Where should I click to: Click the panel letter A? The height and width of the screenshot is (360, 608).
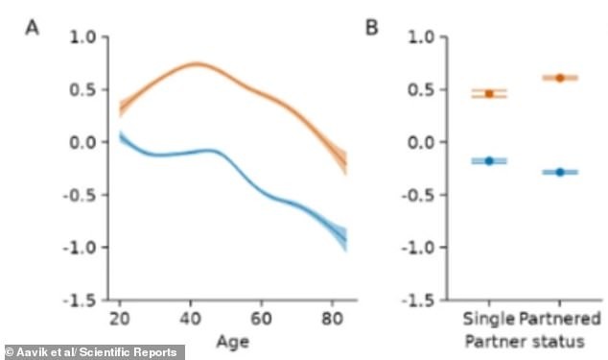(33, 27)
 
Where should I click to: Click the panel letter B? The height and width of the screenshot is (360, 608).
(372, 27)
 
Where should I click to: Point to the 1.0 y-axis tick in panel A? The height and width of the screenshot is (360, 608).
(84, 37)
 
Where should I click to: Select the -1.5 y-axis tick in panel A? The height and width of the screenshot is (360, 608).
(81, 300)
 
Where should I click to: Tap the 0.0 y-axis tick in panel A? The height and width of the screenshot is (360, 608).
(84, 142)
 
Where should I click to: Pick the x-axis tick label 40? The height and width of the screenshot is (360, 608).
(192, 318)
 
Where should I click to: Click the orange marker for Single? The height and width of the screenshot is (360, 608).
(489, 93)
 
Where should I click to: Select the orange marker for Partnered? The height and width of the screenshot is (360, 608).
(560, 78)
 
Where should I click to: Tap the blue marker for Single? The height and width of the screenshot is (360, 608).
(489, 160)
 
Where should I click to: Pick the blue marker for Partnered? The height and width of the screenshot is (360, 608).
(560, 172)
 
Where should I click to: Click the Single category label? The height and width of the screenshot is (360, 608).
(489, 318)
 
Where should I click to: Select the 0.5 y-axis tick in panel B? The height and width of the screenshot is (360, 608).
(424, 90)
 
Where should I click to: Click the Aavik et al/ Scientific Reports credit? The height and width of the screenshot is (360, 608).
(93, 352)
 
